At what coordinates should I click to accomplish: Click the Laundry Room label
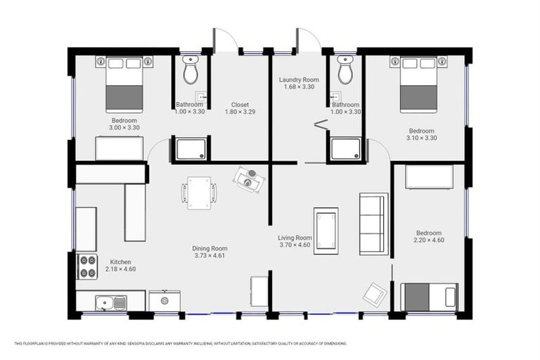(x=299, y=79)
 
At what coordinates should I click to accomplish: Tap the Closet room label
(x=240, y=104)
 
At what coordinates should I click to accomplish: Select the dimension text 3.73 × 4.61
(x=210, y=256)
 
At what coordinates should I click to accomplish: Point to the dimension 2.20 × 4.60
(x=429, y=240)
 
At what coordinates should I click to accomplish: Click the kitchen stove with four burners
(x=87, y=266)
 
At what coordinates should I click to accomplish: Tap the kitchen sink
(x=111, y=303)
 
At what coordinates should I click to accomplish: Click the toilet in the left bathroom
(x=190, y=70)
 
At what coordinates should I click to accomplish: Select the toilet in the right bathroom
(x=345, y=70)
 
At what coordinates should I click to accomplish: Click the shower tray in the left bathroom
(x=191, y=149)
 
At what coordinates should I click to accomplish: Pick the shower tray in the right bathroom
(x=345, y=149)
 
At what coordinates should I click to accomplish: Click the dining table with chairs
(x=199, y=193)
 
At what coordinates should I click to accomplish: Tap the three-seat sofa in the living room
(x=373, y=224)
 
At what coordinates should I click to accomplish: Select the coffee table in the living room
(x=326, y=231)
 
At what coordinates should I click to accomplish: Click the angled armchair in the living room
(x=375, y=294)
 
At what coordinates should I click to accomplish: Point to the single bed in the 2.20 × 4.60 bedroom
(x=429, y=297)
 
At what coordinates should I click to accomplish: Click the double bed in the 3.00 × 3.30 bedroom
(x=124, y=85)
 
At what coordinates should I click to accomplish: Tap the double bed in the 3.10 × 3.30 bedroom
(x=418, y=85)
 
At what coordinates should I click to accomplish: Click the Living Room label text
(x=295, y=238)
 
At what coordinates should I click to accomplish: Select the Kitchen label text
(x=120, y=262)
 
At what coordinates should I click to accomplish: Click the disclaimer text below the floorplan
(x=181, y=343)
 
